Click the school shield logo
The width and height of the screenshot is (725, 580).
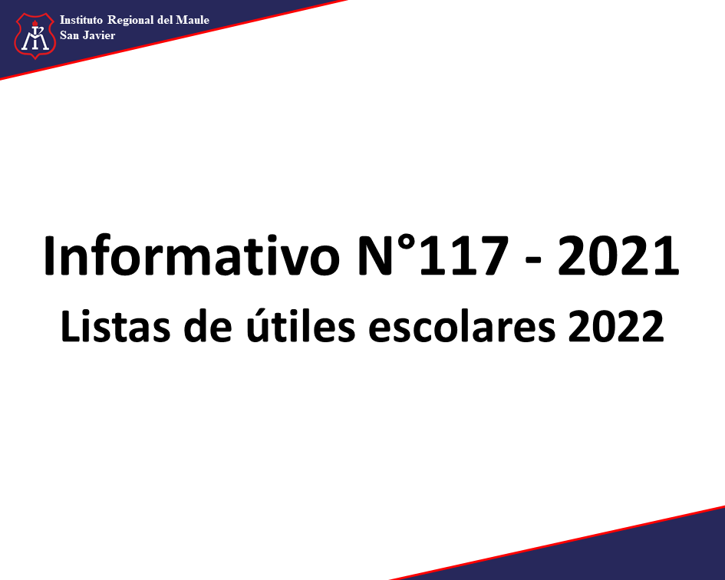35,36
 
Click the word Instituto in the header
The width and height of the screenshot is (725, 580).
81,20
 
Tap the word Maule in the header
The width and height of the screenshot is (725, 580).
193,21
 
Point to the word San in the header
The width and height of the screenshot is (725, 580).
69,35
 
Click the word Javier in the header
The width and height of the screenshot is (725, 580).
99,35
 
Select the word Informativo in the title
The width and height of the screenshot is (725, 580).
192,255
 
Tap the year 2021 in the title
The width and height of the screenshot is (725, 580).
618,256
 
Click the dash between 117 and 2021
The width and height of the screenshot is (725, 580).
533,262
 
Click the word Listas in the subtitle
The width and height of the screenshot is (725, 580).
115,326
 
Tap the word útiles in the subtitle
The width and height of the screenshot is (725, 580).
301,325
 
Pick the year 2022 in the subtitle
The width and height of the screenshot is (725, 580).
615,326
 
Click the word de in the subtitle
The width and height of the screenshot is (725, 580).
208,326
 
